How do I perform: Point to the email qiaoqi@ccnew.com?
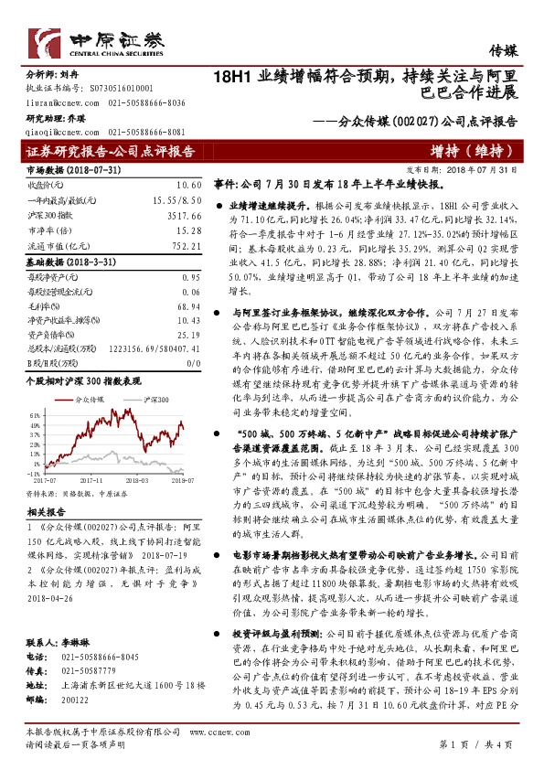(55, 132)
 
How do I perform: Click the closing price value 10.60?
(188, 185)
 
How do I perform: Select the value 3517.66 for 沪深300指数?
(184, 217)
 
